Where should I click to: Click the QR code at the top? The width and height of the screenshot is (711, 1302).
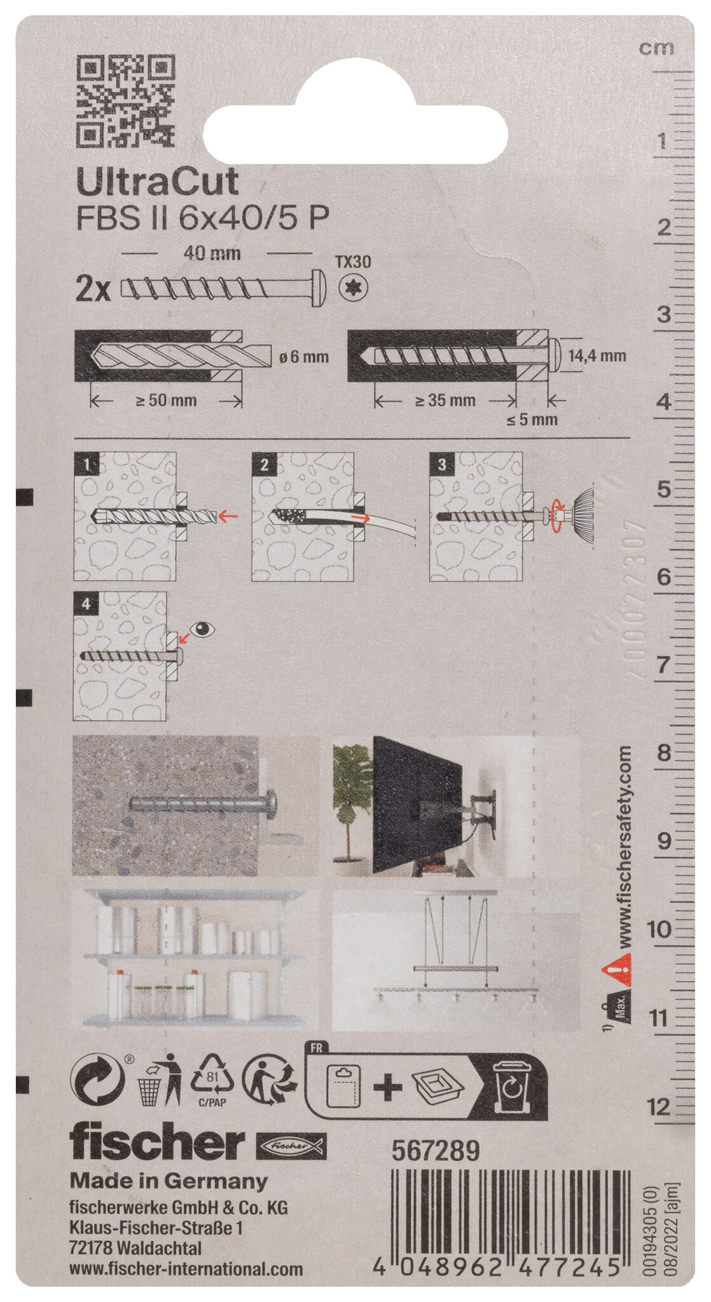pos(125,100)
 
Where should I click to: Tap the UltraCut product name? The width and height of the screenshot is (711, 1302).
pos(157,182)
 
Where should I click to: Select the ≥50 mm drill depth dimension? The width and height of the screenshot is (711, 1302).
pos(166,401)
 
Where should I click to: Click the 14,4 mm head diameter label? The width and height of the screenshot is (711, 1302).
pos(597,356)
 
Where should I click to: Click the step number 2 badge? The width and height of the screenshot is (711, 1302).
pos(264,465)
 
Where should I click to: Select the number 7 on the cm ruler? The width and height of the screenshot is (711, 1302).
pos(663,665)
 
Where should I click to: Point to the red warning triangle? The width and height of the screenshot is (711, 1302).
pos(616,971)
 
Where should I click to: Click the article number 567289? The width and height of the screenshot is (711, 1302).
pos(434,1150)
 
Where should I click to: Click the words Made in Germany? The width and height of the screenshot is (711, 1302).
pos(169,1181)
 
